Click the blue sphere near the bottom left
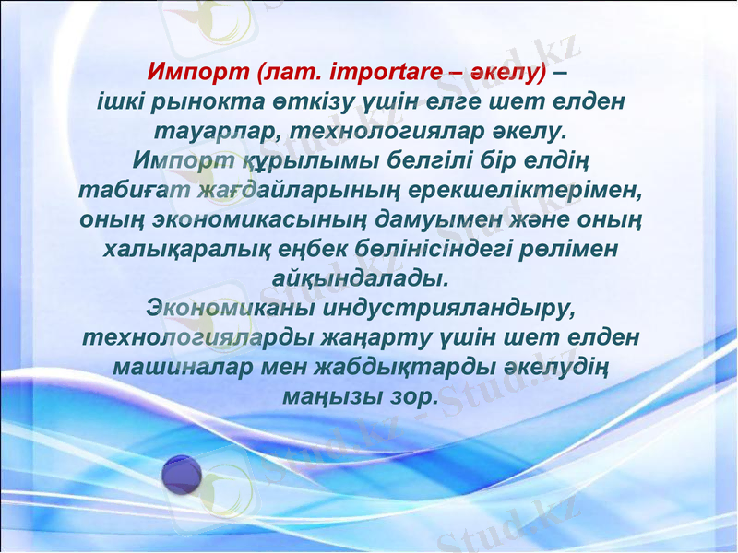[182, 476]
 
